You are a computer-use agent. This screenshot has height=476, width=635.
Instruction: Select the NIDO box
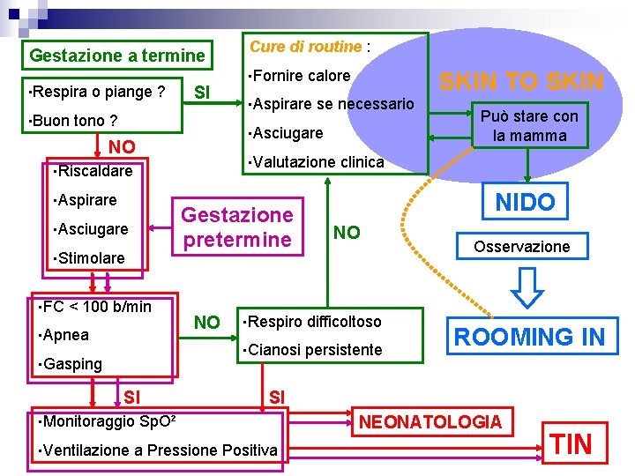(x=525, y=203)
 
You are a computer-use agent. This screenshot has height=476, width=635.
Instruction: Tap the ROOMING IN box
(x=529, y=336)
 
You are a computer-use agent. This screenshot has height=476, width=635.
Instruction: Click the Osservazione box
(x=521, y=247)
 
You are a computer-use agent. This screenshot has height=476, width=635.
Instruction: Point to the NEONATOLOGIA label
(x=430, y=422)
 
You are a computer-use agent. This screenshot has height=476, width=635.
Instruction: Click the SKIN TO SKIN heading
(x=521, y=83)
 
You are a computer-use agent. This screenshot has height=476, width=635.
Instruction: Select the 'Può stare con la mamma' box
(x=529, y=126)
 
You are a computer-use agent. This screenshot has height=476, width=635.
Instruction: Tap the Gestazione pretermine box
(x=236, y=227)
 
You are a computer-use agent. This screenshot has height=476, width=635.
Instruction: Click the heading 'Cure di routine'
(x=305, y=47)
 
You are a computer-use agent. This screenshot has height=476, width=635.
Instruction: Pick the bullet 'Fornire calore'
(x=302, y=76)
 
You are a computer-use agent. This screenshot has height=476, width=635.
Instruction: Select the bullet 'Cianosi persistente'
(x=314, y=350)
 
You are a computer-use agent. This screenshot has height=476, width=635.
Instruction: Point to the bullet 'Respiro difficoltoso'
(x=314, y=322)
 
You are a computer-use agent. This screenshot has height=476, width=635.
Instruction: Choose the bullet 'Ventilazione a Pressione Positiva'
(x=159, y=450)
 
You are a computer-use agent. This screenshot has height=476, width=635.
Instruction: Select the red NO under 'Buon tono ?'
(x=122, y=147)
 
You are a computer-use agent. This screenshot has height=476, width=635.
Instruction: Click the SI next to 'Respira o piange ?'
(x=202, y=92)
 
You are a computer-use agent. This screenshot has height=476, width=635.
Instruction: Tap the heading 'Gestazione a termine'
(x=116, y=56)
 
